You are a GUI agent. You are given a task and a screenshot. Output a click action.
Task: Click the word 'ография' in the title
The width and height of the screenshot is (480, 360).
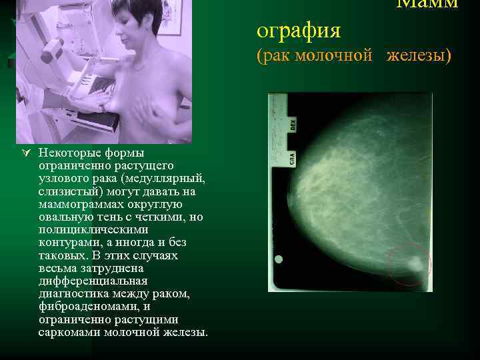pyautogui.click(x=299, y=31)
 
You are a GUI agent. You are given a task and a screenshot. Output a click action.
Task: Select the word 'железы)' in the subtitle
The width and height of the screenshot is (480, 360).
pyautogui.click(x=419, y=56)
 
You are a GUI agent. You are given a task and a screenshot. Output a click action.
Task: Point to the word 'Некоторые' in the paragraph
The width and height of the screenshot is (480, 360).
pyautogui.click(x=65, y=153)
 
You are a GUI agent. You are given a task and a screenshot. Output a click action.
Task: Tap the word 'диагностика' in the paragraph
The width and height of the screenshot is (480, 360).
pyautogui.click(x=73, y=294)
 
